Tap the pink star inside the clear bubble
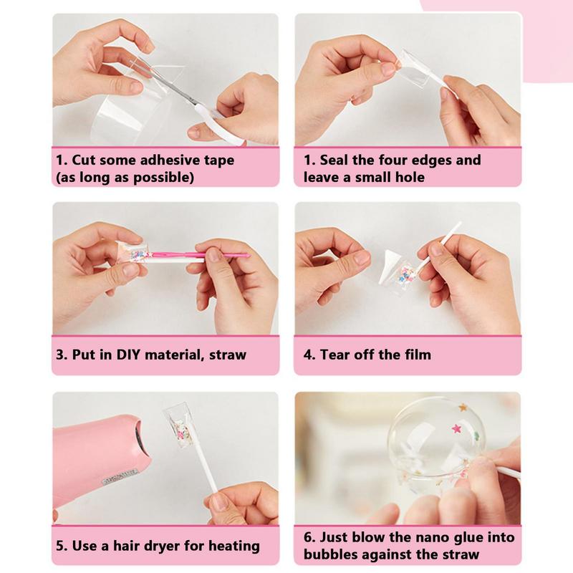[x=456, y=428]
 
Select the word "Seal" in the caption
[x=334, y=160]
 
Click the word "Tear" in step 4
[x=334, y=355]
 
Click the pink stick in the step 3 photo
[x=199, y=255]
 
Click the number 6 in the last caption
[x=309, y=537]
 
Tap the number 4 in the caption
[x=309, y=355]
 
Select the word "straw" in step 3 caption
[x=228, y=355]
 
